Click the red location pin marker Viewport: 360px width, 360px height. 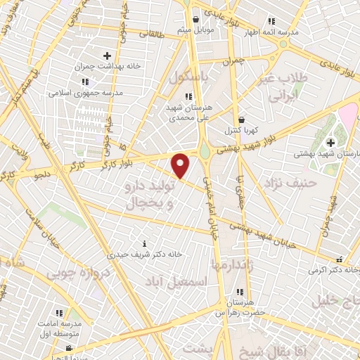181,165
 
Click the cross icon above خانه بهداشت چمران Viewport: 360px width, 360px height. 107,56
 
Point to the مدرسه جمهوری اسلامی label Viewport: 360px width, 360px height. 86,92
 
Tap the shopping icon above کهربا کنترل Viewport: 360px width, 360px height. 242,119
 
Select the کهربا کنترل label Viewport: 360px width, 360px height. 242,130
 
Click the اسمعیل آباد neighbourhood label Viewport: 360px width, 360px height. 179,281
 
